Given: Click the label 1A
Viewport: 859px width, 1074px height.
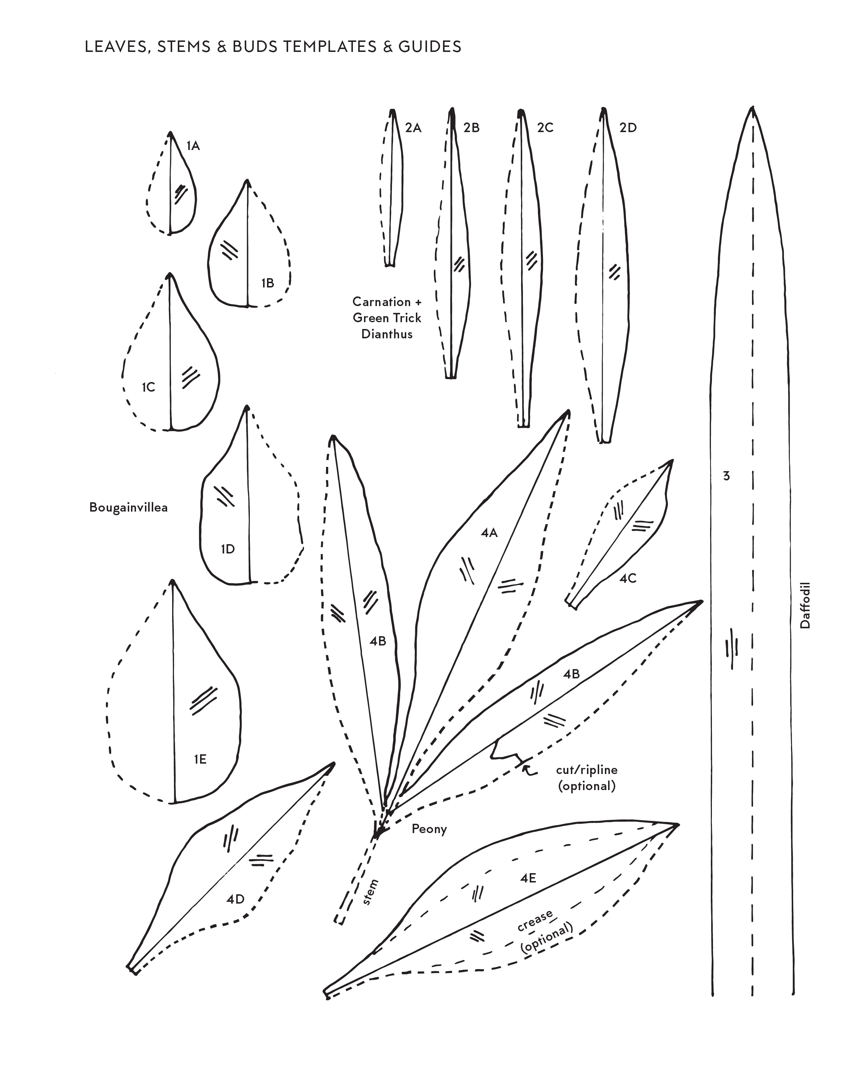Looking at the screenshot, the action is (x=193, y=146).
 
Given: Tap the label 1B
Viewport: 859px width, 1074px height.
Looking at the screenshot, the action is (x=268, y=283).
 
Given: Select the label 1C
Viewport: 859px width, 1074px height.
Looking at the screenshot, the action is (x=149, y=387).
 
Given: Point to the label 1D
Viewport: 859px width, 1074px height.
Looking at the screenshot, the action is (x=228, y=549).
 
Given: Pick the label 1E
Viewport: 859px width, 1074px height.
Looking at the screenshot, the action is (x=200, y=759).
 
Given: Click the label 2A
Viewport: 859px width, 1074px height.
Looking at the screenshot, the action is (x=413, y=128).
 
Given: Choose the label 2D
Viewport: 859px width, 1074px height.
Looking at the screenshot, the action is (x=628, y=128).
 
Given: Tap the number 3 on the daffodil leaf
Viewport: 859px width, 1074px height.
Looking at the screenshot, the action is (x=727, y=476).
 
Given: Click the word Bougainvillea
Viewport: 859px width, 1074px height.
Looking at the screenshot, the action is (x=128, y=508).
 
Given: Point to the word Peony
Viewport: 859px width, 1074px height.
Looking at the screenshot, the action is (x=429, y=829).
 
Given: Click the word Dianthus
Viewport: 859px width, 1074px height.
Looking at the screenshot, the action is (x=387, y=334).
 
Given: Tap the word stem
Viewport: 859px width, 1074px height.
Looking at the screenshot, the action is (x=370, y=892).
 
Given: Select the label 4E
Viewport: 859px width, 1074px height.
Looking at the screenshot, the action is (x=528, y=878).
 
